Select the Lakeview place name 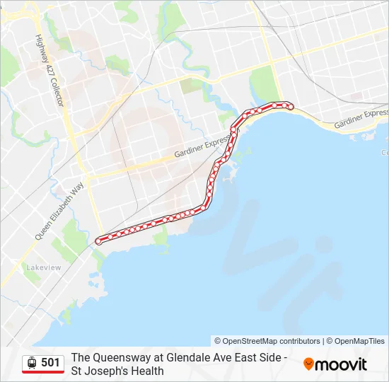click(x=44, y=267)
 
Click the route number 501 click(x=50, y=363)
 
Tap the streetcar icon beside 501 click(x=32, y=363)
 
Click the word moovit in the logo click(x=342, y=364)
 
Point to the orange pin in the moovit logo click(x=308, y=364)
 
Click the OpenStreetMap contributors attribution click(x=267, y=341)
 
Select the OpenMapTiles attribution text click(x=359, y=341)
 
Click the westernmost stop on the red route click(x=98, y=241)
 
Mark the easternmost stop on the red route click(x=290, y=106)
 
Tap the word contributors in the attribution click(x=298, y=341)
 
